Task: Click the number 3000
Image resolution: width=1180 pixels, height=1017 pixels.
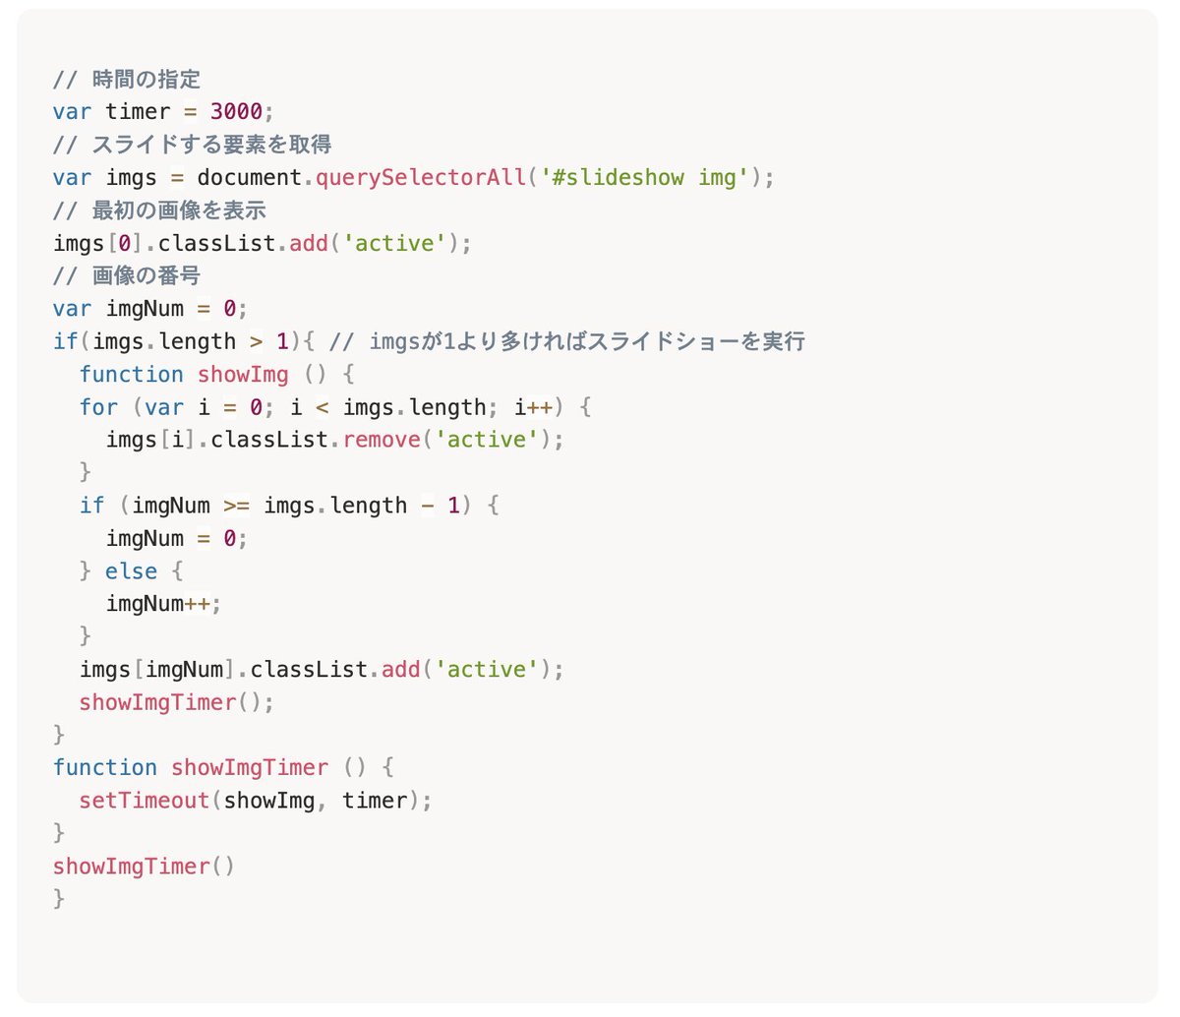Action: pos(236,112)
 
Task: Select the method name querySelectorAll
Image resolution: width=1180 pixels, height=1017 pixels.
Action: pos(420,178)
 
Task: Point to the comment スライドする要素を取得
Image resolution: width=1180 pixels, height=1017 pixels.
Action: pos(211,145)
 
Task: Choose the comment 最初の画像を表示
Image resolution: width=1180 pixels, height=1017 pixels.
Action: pos(179,210)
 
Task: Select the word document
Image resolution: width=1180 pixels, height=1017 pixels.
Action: pos(249,178)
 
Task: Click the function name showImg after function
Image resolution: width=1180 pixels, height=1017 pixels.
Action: pos(243,375)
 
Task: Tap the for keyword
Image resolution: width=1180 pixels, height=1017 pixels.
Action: pos(98,407)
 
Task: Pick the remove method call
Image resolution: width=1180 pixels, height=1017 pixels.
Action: pos(382,440)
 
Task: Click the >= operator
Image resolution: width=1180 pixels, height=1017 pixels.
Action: pos(236,506)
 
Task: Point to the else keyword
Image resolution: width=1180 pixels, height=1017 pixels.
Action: pos(131,571)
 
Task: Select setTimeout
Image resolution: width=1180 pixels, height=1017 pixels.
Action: pos(145,801)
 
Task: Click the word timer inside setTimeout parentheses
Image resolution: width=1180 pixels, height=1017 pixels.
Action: pos(375,801)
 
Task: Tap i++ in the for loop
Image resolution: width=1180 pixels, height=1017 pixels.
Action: pos(533,407)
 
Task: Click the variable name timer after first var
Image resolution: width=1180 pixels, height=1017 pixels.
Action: pos(138,112)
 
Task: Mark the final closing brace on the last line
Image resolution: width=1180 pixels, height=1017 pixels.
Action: pos(59,898)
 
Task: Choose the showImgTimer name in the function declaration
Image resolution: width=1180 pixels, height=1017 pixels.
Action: pos(250,768)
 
